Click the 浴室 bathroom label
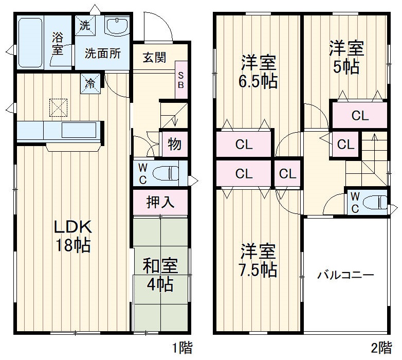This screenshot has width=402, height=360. pyautogui.click(x=57, y=44)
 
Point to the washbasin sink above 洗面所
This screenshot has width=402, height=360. pyautogui.click(x=118, y=26)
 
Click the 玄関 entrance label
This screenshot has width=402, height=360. pyautogui.click(x=154, y=57)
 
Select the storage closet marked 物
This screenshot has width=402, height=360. pyautogui.click(x=174, y=145)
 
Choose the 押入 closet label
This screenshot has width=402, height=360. pyautogui.click(x=160, y=202)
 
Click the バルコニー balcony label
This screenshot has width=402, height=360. pyautogui.click(x=345, y=275)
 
